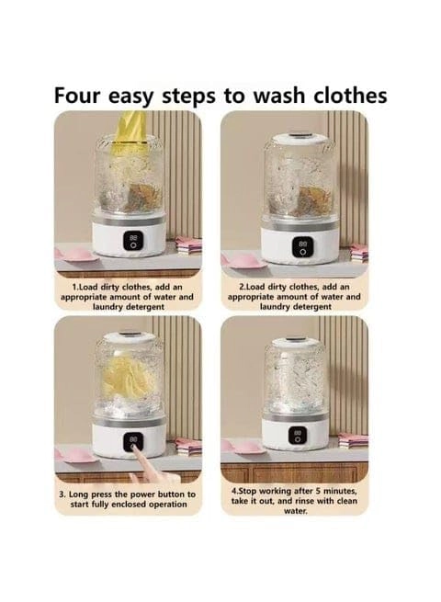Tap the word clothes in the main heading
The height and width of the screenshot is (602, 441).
(350, 95)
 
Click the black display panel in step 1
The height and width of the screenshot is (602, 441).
(133, 241)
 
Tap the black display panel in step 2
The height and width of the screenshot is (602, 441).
(303, 246)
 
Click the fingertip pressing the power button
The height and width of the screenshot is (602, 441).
(132, 447)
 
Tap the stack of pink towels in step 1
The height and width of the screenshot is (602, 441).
(189, 244)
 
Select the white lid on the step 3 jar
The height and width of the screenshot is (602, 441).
(128, 338)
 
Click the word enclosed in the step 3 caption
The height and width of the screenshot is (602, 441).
(129, 505)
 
